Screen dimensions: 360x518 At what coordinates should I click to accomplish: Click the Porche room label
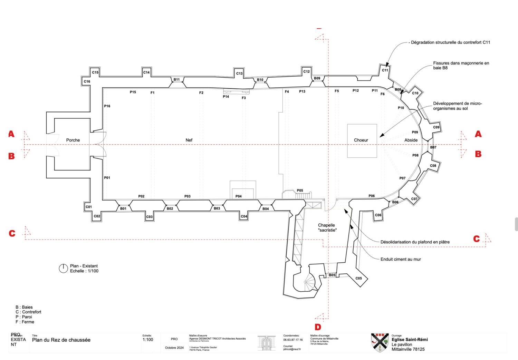[x=73, y=140]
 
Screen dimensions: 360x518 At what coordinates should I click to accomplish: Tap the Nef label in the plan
[x=189, y=140]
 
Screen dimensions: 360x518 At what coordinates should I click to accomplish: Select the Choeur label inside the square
[x=361, y=140]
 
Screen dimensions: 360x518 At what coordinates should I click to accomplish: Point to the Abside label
[x=411, y=140]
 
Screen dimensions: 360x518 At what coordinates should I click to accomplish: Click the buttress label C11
[x=385, y=70]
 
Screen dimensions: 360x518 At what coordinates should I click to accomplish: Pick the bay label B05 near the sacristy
[x=332, y=275]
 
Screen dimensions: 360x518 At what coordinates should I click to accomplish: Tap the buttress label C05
[x=359, y=279]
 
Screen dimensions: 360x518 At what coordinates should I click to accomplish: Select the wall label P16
[x=107, y=106]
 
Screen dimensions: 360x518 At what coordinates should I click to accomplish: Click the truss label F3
[x=244, y=98]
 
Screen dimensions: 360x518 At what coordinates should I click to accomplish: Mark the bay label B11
[x=176, y=80]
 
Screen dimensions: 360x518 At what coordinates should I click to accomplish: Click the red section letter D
[x=318, y=327]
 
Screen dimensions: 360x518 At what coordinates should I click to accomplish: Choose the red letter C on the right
[x=477, y=239]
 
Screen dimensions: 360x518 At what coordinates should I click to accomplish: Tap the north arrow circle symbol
[x=63, y=269]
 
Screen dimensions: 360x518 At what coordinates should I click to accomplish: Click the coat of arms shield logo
[x=380, y=342]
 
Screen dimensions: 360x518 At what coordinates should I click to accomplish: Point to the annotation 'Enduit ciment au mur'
[x=401, y=259]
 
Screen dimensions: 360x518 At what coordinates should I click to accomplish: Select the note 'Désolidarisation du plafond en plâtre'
[x=415, y=242]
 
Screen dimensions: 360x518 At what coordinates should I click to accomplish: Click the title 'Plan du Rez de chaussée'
[x=61, y=340]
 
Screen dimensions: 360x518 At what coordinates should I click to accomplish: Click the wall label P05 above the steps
[x=300, y=191]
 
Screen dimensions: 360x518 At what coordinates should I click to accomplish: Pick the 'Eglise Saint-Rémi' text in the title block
[x=410, y=340]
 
